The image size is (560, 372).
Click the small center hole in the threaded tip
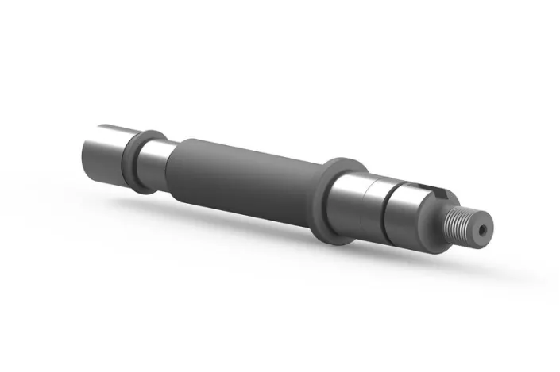click(x=482, y=229)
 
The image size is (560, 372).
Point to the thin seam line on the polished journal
click(x=366, y=206)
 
